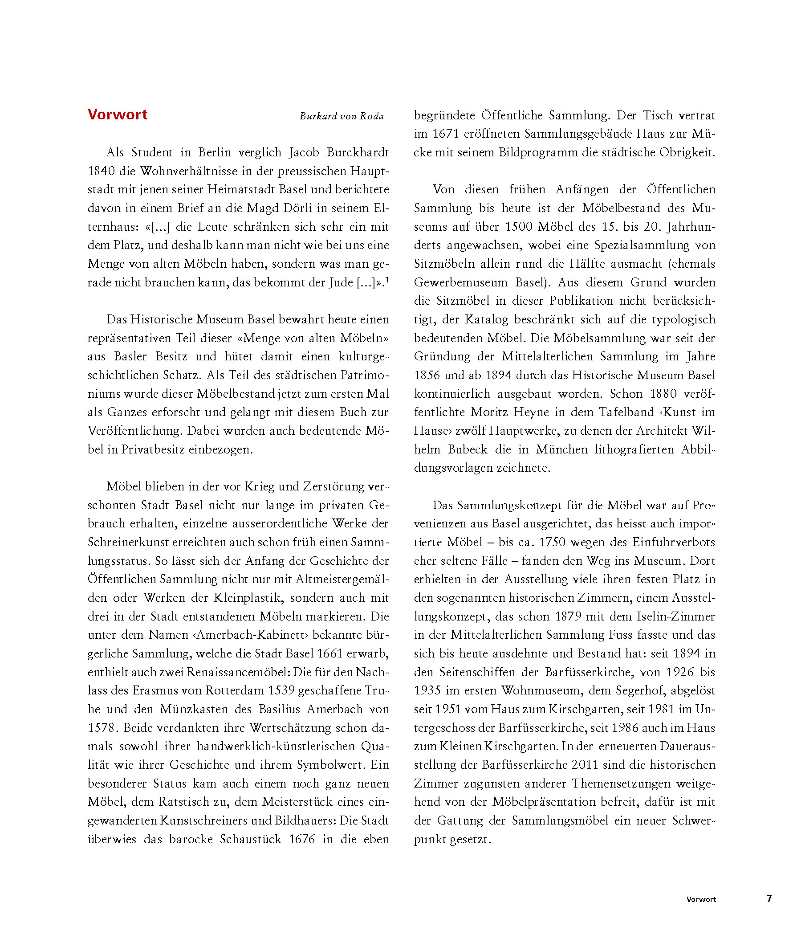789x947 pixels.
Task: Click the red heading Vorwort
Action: (x=117, y=114)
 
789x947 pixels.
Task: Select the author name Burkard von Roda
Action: (x=342, y=116)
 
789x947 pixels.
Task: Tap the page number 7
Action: (x=769, y=898)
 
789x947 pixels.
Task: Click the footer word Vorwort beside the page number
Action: (x=701, y=899)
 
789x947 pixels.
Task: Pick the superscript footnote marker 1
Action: (x=387, y=281)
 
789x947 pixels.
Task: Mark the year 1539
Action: (x=281, y=691)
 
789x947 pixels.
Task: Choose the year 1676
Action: (x=301, y=839)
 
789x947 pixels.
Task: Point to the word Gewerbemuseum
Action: (x=461, y=283)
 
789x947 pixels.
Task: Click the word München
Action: (x=561, y=449)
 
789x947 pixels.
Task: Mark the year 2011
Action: (x=585, y=765)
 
